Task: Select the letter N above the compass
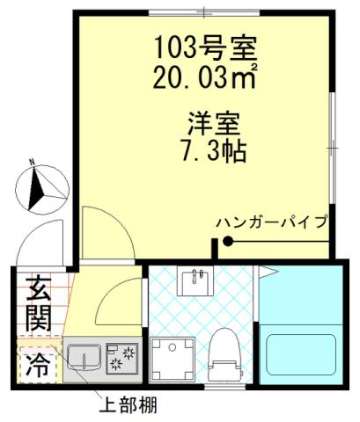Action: (x=32, y=162)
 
